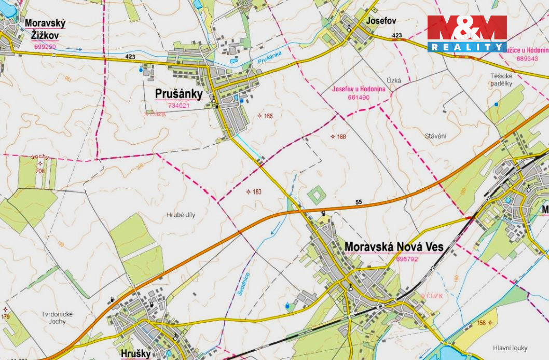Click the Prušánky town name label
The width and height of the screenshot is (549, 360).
[179, 94]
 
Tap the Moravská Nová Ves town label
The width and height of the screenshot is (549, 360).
[394, 246]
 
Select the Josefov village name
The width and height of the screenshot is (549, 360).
[381, 21]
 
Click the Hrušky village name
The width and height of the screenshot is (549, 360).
[135, 353]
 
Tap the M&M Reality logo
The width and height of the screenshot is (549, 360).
[466, 34]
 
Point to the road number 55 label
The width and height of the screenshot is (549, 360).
[359, 202]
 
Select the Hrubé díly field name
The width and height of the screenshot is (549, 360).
[181, 214]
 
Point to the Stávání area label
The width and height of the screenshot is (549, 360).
[435, 136]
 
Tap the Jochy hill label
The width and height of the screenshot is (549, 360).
[39, 156]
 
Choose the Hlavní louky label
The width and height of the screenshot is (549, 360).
[510, 348]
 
